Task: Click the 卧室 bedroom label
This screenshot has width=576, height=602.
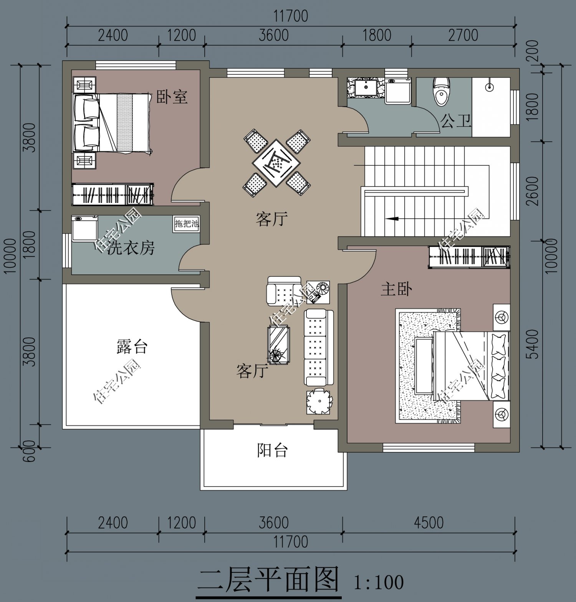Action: tap(172, 97)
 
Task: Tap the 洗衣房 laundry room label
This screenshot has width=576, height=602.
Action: tap(131, 248)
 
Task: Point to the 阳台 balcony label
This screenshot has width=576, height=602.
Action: tap(272, 450)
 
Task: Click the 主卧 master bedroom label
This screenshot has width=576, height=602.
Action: tap(397, 289)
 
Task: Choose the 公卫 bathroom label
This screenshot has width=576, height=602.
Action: tap(455, 121)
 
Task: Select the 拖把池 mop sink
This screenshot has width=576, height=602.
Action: tap(186, 223)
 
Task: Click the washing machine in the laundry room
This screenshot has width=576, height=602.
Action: tap(84, 228)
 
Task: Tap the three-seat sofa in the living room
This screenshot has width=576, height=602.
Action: tap(315, 347)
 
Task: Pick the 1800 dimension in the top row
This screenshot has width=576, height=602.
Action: tap(377, 35)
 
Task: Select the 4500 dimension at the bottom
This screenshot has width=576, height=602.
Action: tap(429, 523)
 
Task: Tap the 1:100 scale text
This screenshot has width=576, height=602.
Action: tap(378, 582)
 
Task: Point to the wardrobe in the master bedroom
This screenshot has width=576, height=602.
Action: tap(469, 256)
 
